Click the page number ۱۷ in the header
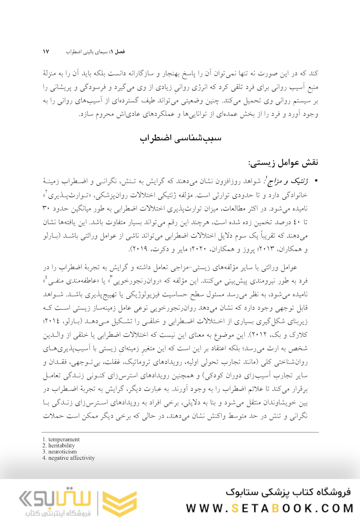[46, 51]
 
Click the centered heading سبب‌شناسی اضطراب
[180, 139]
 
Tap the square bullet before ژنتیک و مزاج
[316, 180]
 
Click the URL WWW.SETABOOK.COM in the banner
[270, 508]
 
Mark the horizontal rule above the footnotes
[180, 432]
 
